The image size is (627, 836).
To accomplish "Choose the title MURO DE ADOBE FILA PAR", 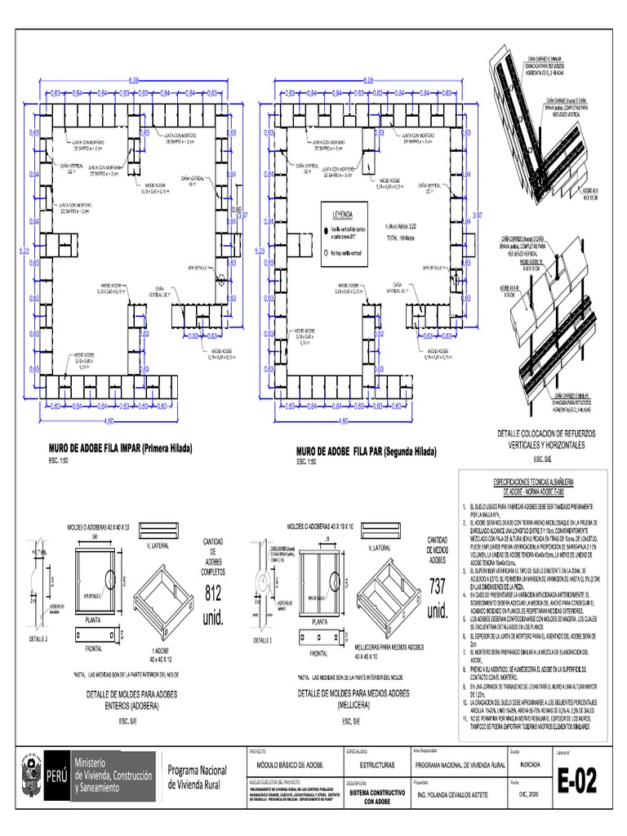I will pyautogui.click(x=366, y=451).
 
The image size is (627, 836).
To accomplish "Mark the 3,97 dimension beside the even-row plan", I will pyautogui.click(x=478, y=214).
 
